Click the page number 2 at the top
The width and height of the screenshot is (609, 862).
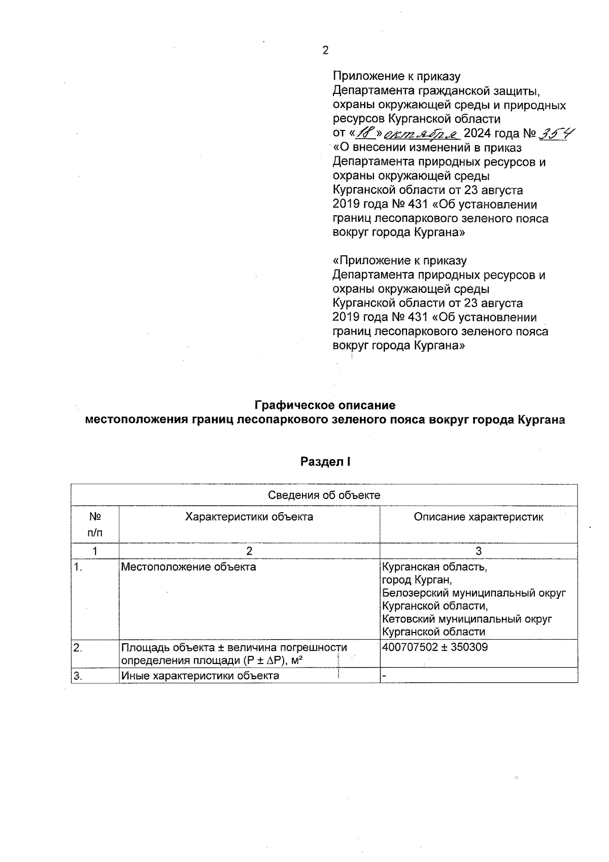coord(325,50)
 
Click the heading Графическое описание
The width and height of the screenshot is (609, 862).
coord(324,406)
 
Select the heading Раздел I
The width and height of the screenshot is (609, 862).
coord(325,462)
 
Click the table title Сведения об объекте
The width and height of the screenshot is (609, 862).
coord(324,495)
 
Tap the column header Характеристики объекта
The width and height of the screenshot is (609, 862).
coord(249,517)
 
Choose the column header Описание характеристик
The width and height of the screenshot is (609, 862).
coord(478,517)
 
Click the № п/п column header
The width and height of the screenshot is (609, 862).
coord(95,524)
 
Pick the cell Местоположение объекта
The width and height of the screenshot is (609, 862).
coord(188,567)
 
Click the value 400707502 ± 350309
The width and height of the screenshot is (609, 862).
coord(435,647)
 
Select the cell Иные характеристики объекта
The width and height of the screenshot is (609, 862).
coord(200,676)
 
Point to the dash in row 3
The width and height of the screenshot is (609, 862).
coord(384,676)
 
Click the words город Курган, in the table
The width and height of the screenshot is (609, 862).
coord(417,580)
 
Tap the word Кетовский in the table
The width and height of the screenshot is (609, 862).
coord(408,619)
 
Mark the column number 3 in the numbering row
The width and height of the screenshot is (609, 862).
coord(478,551)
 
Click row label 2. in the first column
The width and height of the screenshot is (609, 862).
coord(78,647)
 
